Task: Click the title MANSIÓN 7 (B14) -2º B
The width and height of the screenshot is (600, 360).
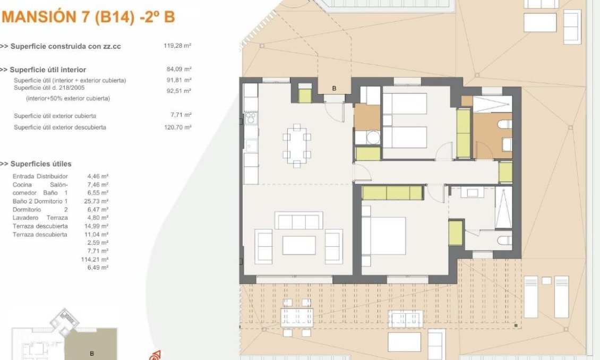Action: click(88, 17)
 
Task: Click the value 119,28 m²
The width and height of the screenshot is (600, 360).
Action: click(177, 46)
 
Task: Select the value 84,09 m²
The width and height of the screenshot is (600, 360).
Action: click(179, 69)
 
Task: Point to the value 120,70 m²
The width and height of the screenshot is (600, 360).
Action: click(177, 127)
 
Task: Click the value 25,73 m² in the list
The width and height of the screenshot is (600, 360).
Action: click(98, 201)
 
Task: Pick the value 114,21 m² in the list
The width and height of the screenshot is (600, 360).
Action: click(98, 259)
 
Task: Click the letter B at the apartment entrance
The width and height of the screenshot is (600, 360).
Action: click(334, 89)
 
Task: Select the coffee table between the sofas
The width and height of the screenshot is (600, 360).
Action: click(298, 245)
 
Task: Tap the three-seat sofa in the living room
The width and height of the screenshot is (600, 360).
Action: click(298, 220)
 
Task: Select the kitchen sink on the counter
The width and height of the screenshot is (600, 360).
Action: click(250, 145)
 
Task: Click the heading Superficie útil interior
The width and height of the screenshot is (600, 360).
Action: click(48, 70)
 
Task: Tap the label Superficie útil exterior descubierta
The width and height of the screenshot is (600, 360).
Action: click(60, 127)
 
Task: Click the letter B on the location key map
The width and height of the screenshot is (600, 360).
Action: click(92, 353)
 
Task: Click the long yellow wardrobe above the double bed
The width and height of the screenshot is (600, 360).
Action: click(392, 193)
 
